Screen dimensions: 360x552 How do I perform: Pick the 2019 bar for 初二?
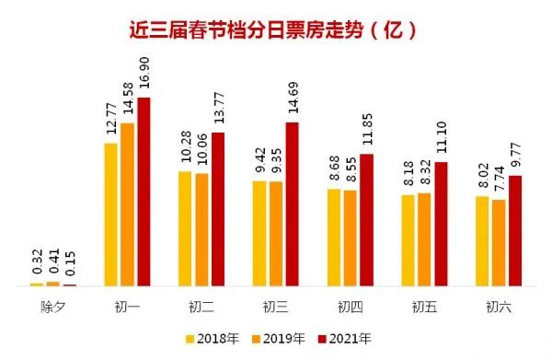coord(201,229)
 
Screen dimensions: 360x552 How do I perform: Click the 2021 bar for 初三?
coord(292,203)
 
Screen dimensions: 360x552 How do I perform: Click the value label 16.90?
coord(143,73)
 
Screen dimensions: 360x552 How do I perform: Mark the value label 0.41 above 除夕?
coord(52,262)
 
